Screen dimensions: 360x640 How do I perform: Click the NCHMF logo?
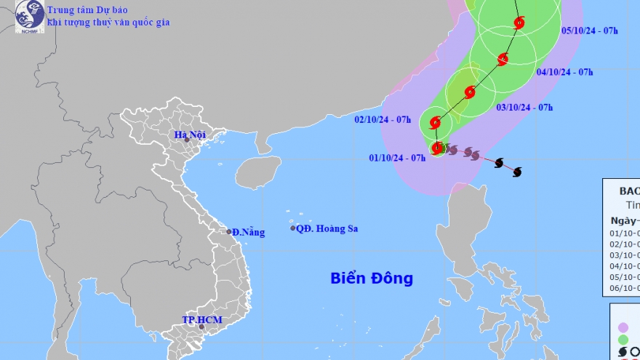28,16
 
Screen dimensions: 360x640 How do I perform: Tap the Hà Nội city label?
190,135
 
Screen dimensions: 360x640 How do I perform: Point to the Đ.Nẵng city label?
249,232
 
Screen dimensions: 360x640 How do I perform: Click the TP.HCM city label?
201,320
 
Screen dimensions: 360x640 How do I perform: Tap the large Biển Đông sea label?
371,278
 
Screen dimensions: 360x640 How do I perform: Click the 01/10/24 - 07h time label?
397,158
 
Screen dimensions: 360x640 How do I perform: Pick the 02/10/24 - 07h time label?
383,120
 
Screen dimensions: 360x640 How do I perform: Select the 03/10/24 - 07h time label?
524,108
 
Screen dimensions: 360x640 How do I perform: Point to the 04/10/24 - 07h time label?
564,72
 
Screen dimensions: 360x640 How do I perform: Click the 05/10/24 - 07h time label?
590,31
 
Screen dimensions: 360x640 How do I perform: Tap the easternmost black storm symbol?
518,172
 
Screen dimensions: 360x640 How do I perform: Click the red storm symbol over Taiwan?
470,92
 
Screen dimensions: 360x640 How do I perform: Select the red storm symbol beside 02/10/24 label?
436,122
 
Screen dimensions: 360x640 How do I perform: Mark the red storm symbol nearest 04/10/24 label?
503,58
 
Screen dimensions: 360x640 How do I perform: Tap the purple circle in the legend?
623,327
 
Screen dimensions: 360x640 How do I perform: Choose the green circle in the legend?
623,340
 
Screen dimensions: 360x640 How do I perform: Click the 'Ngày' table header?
622,220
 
